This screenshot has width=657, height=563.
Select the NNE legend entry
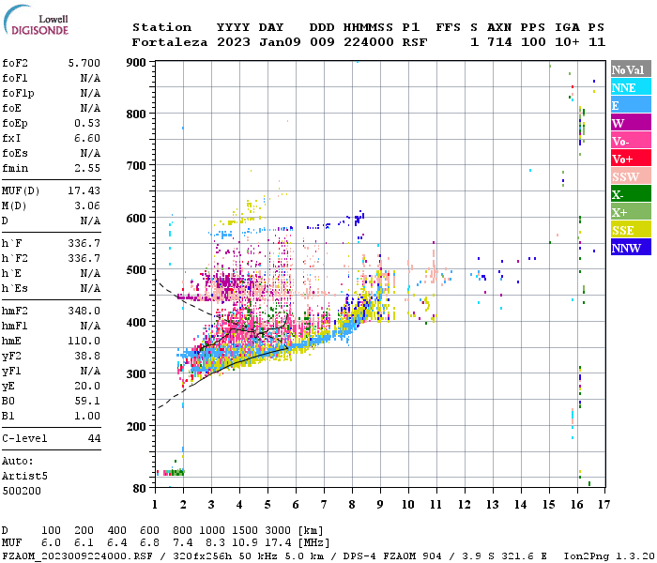coord(631,87)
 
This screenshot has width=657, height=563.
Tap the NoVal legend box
coord(631,69)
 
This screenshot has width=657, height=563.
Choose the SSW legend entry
coord(631,176)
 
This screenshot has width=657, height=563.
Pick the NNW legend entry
coord(631,248)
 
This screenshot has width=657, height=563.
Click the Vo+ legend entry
coord(631,159)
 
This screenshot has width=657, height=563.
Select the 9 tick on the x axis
coord(380,505)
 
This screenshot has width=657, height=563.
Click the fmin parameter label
coord(16,168)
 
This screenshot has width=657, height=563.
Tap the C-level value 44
coord(94,438)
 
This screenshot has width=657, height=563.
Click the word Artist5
coord(25,476)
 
